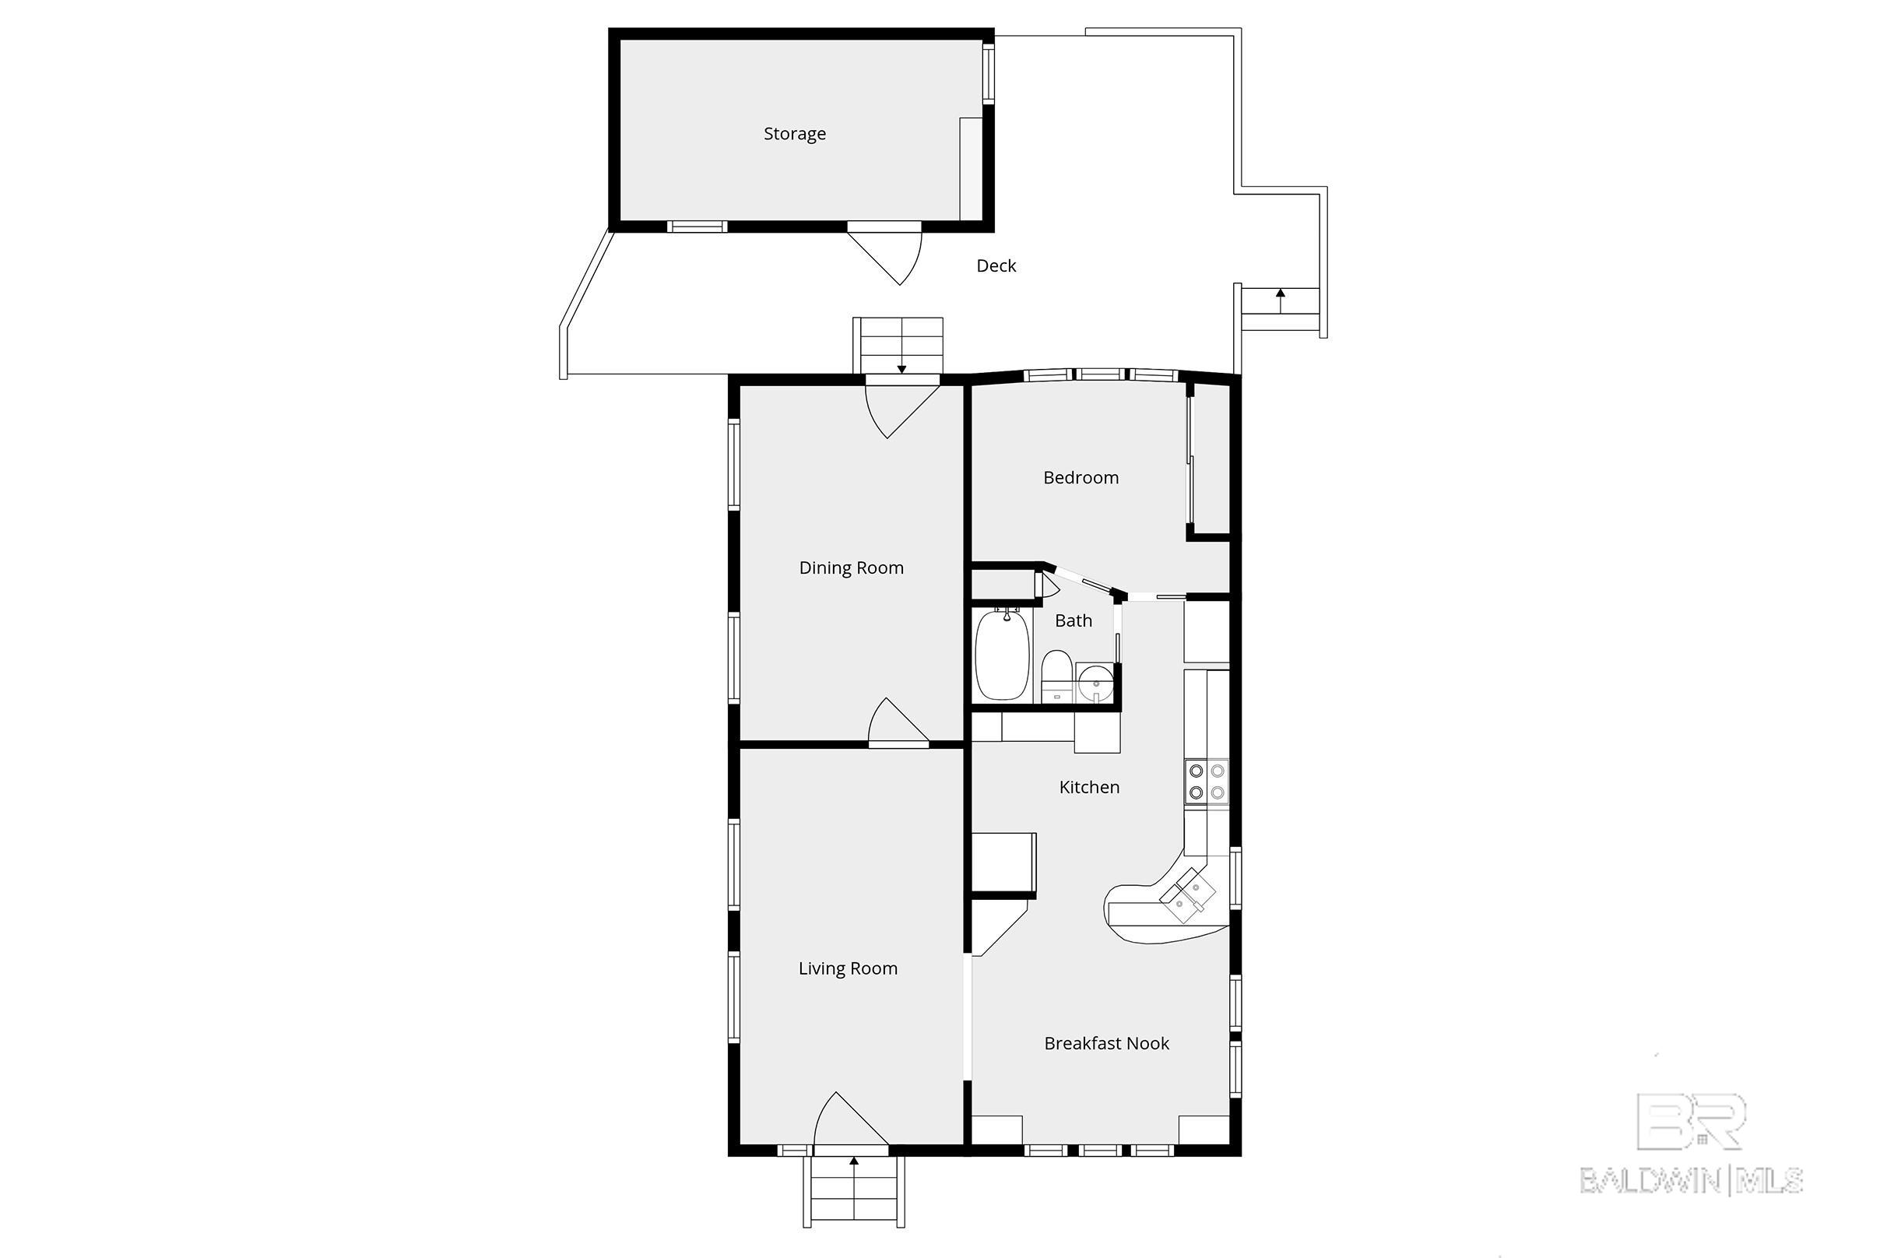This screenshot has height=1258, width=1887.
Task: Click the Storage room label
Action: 794,134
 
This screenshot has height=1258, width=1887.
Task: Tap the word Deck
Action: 996,265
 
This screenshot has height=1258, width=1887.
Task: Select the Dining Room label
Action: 851,568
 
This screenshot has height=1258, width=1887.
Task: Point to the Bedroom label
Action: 1081,477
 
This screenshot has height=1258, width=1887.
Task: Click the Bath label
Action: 1074,620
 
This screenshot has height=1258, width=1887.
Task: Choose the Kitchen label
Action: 1089,787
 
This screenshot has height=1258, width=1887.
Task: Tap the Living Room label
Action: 847,968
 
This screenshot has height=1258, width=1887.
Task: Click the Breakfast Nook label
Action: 1106,1043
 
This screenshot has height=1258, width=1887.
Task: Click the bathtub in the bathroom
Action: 1001,655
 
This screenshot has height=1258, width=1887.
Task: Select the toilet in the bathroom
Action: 1056,676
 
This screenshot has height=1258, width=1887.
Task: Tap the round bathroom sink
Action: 1095,683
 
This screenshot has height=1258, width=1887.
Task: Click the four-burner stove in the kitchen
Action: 1207,782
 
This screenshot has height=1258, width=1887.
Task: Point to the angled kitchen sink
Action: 1188,896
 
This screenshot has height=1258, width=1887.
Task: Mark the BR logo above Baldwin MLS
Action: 1691,1122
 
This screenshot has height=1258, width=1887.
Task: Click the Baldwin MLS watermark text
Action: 1692,1180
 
